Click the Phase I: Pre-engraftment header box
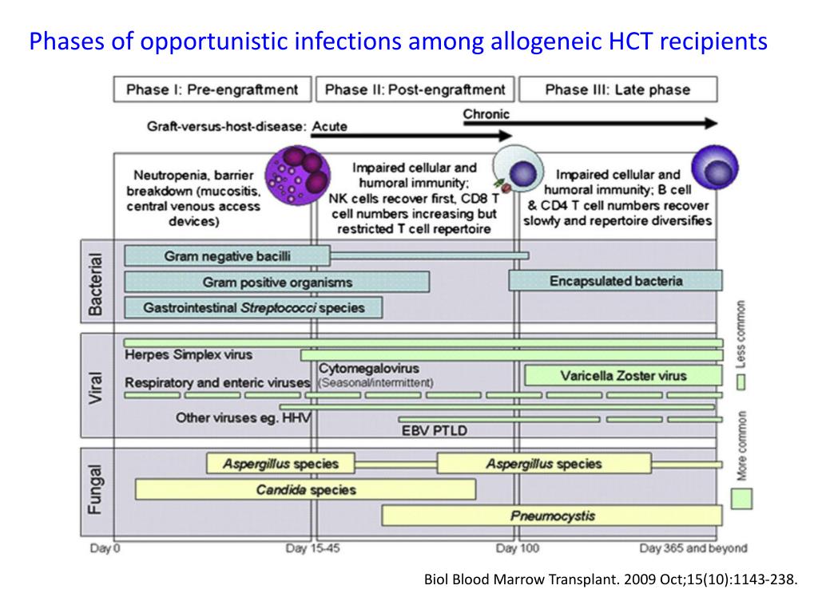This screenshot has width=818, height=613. pos(212,89)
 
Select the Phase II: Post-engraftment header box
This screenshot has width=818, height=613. pos(415,89)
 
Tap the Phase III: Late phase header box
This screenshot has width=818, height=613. pos(617,89)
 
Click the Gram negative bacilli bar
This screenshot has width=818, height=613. pos(227,256)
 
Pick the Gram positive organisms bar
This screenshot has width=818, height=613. pos(276,282)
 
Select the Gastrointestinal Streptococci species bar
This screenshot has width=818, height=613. pos(253,307)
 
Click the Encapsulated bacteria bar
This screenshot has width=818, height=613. pos(615,281)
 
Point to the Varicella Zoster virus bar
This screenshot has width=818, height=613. pos(623,375)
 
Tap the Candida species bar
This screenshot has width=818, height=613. pos(305,489)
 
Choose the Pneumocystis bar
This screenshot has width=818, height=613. pos(552,516)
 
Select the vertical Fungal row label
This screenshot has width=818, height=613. pos(95,490)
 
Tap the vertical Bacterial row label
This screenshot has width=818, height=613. pos(95,283)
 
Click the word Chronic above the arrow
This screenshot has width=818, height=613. pos(486,114)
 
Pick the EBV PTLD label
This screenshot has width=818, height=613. pos(434,431)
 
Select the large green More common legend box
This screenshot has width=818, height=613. pos(741,499)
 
